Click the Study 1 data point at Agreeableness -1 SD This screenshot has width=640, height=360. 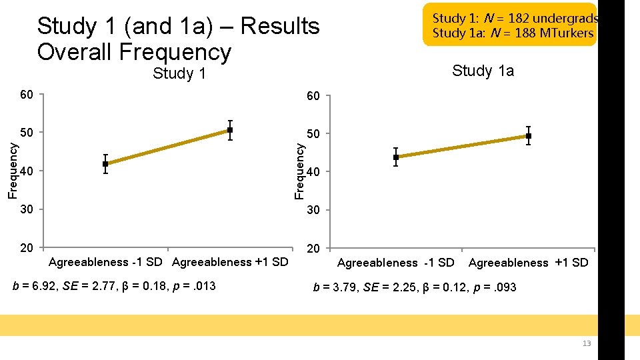point(105,163)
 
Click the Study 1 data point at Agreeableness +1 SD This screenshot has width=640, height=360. point(230,130)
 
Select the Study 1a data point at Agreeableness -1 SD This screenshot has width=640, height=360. point(396,157)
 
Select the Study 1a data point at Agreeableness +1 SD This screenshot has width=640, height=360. point(528,136)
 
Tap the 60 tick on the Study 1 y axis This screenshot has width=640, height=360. point(26,95)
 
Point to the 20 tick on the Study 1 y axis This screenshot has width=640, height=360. point(26,248)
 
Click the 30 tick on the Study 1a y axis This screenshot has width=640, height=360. point(313,211)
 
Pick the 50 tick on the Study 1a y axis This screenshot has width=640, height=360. point(313,135)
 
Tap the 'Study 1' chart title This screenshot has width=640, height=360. point(179,73)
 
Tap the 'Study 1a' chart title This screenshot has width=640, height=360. point(483,71)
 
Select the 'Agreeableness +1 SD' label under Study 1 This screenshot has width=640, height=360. point(230,262)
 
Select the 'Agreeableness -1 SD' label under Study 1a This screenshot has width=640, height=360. point(395,263)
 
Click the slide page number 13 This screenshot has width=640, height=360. point(587,343)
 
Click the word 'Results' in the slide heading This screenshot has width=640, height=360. point(280,26)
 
